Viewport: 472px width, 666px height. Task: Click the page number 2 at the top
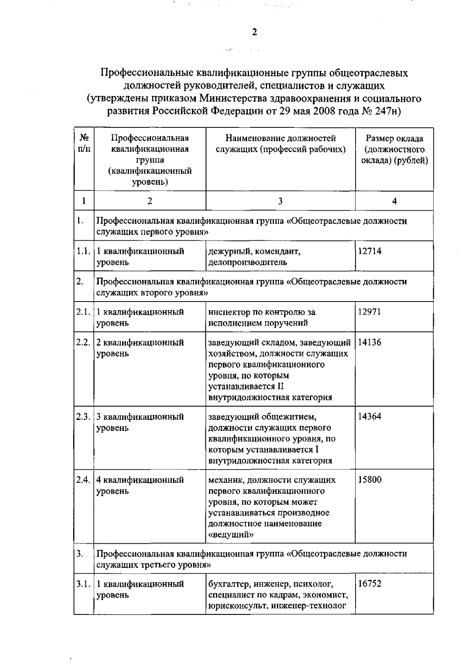click(x=254, y=32)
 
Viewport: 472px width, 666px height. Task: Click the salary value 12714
click(x=370, y=251)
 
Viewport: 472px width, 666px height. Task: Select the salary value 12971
click(x=370, y=312)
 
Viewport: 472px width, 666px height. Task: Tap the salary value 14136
click(x=370, y=342)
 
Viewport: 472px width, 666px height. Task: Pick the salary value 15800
click(x=370, y=480)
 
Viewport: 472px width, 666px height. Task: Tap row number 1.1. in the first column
click(x=83, y=251)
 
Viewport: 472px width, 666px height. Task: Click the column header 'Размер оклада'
click(x=395, y=138)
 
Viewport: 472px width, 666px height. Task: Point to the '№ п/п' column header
click(x=84, y=144)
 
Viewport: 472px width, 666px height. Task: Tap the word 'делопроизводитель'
click(x=247, y=262)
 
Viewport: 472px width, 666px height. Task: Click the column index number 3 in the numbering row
click(x=280, y=201)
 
